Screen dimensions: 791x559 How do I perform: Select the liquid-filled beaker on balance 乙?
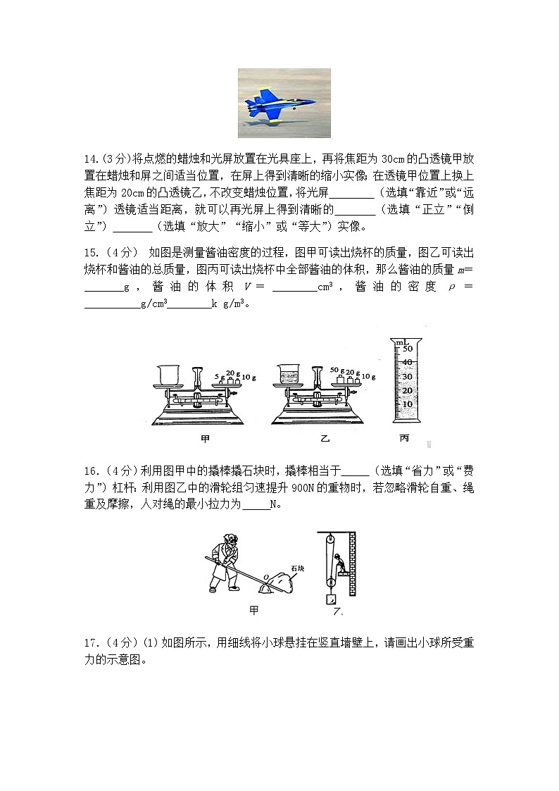pyautogui.click(x=289, y=375)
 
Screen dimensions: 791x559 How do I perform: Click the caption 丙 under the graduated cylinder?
pyautogui.click(x=404, y=439)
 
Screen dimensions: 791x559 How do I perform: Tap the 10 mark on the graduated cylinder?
pyautogui.click(x=407, y=404)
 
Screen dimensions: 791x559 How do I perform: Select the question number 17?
pyautogui.click(x=91, y=642)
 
